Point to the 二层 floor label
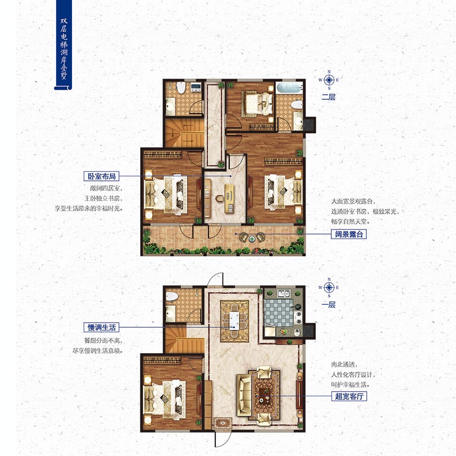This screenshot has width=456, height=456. click(x=329, y=97)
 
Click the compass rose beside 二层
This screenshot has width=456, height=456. click(x=329, y=80)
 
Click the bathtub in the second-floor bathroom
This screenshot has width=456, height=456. click(x=288, y=88)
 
